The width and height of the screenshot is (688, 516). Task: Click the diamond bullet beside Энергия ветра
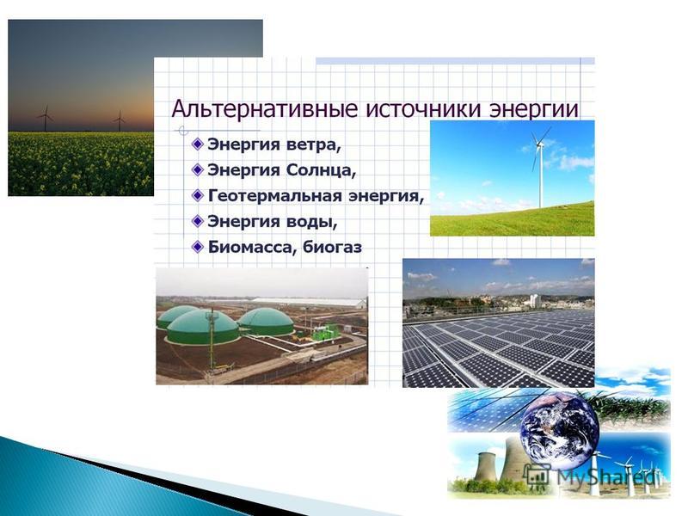199,144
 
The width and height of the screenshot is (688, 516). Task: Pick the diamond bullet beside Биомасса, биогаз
199,247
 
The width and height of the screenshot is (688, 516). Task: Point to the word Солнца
320,170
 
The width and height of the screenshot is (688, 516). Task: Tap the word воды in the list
312,222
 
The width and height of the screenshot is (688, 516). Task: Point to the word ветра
313,144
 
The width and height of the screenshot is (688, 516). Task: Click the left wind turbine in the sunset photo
46,118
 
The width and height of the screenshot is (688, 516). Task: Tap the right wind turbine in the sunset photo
119,120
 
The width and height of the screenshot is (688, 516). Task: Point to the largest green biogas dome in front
203,328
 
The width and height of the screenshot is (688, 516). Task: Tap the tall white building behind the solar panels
535,300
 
